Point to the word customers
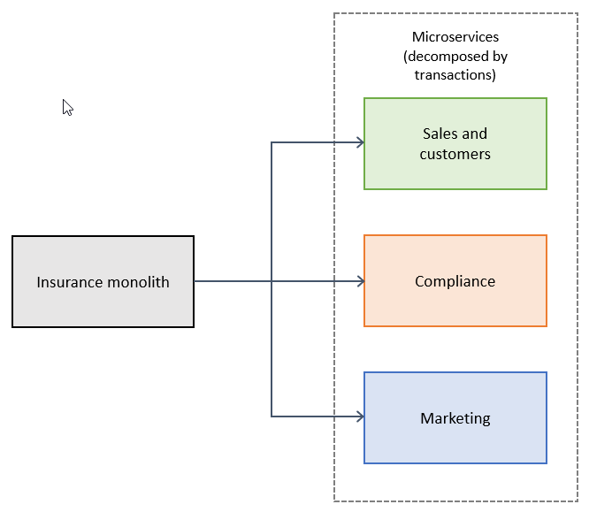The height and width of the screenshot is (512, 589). [x=455, y=154]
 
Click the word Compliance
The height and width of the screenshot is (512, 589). [x=455, y=281]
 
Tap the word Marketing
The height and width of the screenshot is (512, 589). [x=455, y=418]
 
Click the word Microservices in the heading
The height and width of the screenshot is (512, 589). [x=455, y=37]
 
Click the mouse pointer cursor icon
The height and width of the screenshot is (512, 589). [x=67, y=107]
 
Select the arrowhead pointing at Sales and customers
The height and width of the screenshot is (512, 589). [x=360, y=142]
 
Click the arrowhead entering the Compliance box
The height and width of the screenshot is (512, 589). [x=360, y=281]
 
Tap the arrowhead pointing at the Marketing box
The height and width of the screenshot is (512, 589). [x=360, y=416]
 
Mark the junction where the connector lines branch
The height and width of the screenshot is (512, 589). [x=272, y=281]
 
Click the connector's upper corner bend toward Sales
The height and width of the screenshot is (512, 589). [x=272, y=142]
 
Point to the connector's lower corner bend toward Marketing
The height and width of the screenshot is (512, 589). [x=272, y=416]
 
